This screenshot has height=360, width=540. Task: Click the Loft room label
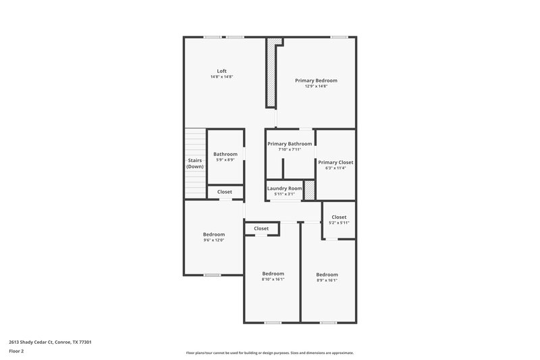pos(221,71)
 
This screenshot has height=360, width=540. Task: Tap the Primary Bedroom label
pos(316,80)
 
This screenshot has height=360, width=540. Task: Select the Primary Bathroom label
pos(290,144)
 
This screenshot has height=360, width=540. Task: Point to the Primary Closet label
pos(335,162)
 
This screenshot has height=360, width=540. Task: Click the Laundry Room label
pos(284,188)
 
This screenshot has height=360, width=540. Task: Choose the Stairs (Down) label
pos(195,163)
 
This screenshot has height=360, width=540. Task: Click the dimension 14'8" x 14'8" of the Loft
pos(221,77)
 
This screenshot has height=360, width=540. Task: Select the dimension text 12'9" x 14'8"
pos(316,86)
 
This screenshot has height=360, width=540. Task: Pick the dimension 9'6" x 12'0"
pos(214,240)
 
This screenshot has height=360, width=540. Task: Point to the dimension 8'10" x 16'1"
pos(273,279)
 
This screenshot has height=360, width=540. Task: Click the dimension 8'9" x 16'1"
pos(327,280)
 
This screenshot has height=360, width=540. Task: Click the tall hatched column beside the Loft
pos(271,74)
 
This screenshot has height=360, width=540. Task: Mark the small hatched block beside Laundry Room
pos(310,190)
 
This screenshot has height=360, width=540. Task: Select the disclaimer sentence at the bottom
pos(270,353)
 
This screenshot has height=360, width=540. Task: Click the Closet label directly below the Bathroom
pos(225,192)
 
